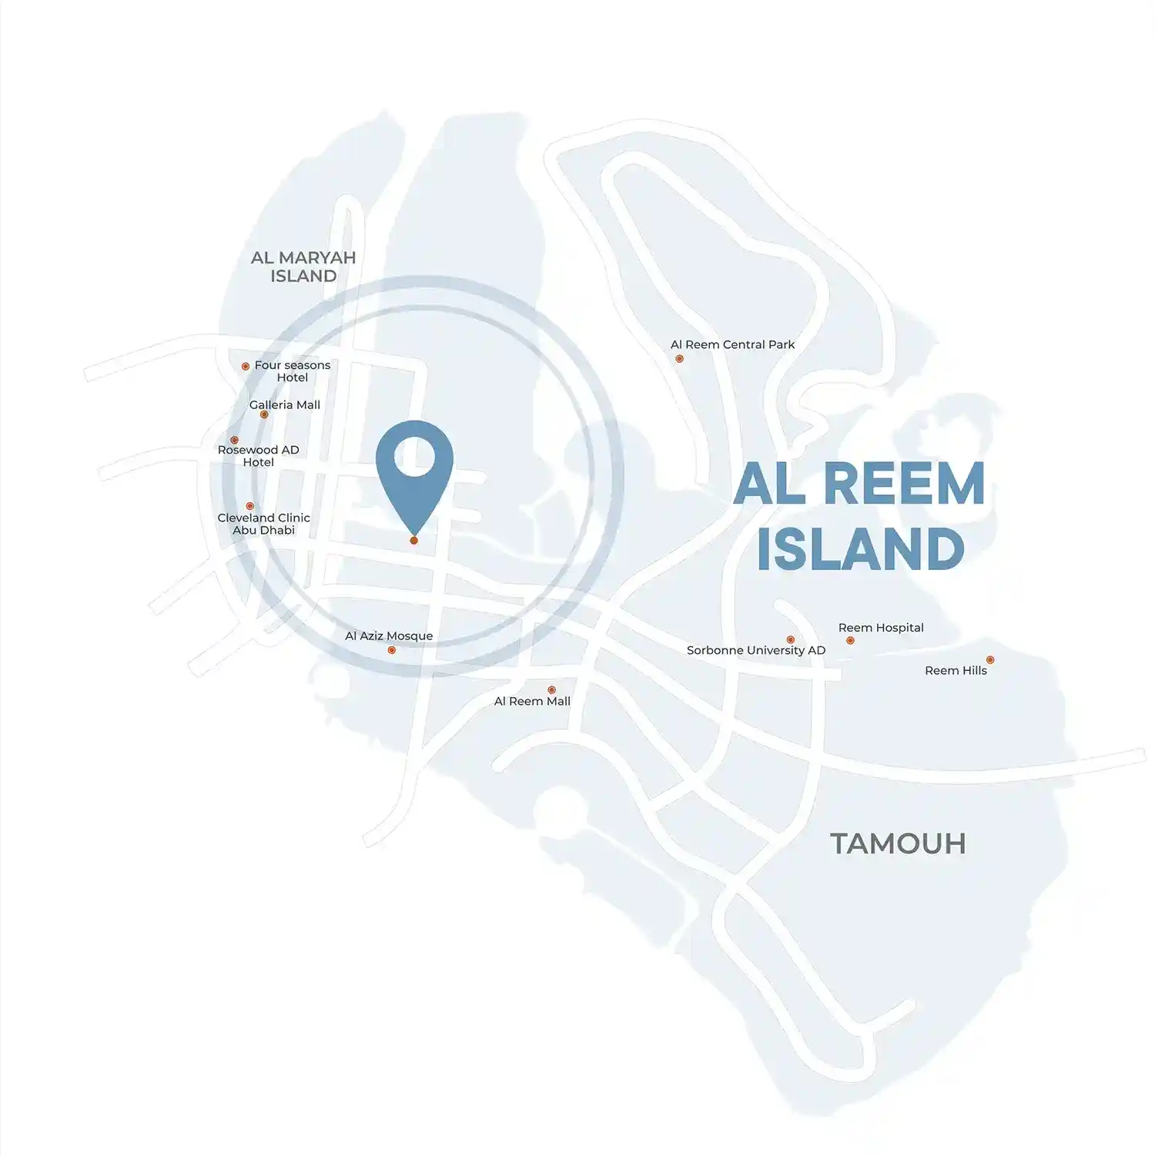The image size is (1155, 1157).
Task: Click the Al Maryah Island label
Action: tap(303, 267)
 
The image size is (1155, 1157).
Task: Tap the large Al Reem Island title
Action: tap(859, 516)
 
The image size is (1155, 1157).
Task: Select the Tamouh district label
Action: tap(898, 843)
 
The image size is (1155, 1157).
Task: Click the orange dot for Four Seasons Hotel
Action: tap(246, 367)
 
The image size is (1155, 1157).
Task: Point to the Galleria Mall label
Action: tap(285, 404)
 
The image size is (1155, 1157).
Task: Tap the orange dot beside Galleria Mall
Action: tap(264, 414)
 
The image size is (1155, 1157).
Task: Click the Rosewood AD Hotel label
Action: tap(258, 456)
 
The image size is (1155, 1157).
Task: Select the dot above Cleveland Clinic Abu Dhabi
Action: tap(249, 506)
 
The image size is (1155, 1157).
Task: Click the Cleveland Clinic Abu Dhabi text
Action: tap(263, 524)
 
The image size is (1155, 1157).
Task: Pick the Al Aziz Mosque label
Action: tap(389, 636)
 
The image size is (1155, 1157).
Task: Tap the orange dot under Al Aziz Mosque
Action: tap(392, 650)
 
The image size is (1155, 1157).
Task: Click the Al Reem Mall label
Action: tap(532, 701)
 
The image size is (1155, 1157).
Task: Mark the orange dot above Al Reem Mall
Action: tap(551, 690)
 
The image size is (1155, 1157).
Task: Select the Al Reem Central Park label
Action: tap(732, 344)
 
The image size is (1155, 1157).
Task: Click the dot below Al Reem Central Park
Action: tap(679, 358)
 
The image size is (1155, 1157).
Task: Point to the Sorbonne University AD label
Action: tap(755, 650)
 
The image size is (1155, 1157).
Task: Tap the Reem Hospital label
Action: tap(881, 628)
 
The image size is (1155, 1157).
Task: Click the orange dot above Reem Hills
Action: tap(990, 659)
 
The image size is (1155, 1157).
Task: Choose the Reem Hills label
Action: tap(956, 671)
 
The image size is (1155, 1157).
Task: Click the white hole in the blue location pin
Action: tap(414, 457)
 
